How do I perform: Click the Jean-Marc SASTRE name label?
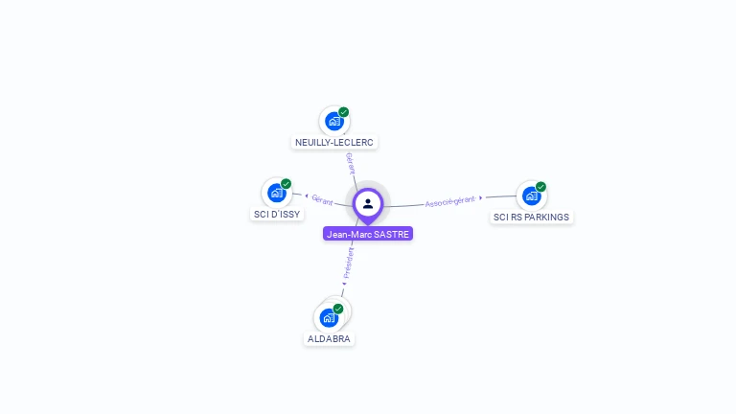pos(368,234)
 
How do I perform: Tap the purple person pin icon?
pos(368,204)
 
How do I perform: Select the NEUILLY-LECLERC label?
pos(334,142)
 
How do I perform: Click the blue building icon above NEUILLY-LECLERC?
pos(333,121)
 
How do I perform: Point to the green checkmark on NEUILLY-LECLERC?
pos(344,112)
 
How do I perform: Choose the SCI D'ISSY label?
pos(277,214)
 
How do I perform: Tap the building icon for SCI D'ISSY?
pos(276,193)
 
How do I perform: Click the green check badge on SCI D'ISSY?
pos(286,184)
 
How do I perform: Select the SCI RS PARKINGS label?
pos(531,217)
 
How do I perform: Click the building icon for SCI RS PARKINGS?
pos(531,195)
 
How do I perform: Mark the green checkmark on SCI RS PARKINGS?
pos(540,187)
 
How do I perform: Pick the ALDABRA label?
pos(329,338)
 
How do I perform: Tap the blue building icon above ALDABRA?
pos(329,317)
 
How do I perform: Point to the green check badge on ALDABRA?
pos(338,309)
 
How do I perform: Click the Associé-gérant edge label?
pos(449,201)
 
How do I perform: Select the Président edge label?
pos(349,263)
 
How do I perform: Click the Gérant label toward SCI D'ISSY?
pos(322,200)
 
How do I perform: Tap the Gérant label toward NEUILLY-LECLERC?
pos(351,162)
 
